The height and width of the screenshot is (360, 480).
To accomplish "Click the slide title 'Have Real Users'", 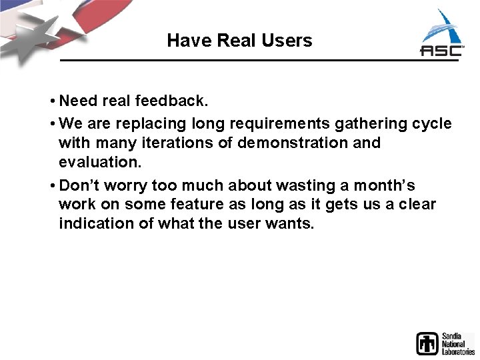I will coord(239,41).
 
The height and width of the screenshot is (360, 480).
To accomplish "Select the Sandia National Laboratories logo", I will coord(445,343).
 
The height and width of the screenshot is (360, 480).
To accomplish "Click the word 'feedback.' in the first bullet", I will coord(172,101).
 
